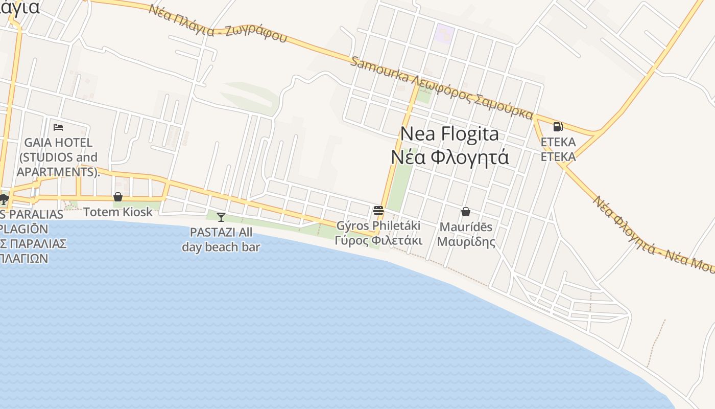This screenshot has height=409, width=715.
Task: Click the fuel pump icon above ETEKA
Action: pyautogui.click(x=558, y=126)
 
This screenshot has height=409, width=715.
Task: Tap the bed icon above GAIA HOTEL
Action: pyautogui.click(x=58, y=127)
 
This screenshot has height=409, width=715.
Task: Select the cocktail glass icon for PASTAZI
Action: pyautogui.click(x=221, y=217)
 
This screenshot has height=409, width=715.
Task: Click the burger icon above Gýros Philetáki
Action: pyautogui.click(x=378, y=210)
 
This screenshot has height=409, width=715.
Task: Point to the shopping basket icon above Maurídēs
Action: pyautogui.click(x=466, y=211)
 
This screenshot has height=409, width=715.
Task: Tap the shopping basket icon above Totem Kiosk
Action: pyautogui.click(x=118, y=197)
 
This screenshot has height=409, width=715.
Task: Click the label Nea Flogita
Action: pyautogui.click(x=449, y=134)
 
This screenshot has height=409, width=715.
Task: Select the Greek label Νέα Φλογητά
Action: pyautogui.click(x=449, y=157)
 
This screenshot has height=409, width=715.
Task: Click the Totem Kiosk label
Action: pyautogui.click(x=118, y=212)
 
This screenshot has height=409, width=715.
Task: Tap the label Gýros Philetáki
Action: pyautogui.click(x=378, y=225)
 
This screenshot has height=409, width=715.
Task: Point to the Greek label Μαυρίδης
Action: pyautogui.click(x=466, y=241)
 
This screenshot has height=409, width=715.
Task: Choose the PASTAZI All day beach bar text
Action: pyautogui.click(x=221, y=240)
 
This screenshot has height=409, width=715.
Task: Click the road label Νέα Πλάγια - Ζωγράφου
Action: pyautogui.click(x=218, y=24)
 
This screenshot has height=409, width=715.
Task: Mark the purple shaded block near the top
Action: pyautogui.click(x=444, y=34)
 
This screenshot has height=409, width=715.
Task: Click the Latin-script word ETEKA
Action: pyautogui.click(x=558, y=142)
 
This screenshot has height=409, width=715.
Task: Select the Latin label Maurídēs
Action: pyautogui.click(x=466, y=226)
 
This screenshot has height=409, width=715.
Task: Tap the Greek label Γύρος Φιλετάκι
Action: pyautogui.click(x=378, y=240)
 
